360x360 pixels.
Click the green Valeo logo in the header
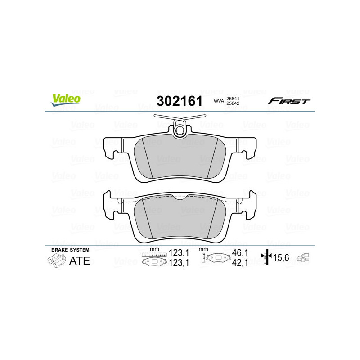(66, 100)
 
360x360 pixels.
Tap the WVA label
(219, 102)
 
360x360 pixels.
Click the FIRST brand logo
(289, 101)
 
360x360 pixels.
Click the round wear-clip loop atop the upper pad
(181, 130)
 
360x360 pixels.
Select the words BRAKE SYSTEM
(70, 250)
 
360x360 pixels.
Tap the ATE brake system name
(79, 261)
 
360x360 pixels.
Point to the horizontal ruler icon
(154, 255)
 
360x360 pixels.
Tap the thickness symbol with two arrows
(267, 257)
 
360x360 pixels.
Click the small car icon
(304, 257)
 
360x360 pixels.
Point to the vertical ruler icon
(204, 258)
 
